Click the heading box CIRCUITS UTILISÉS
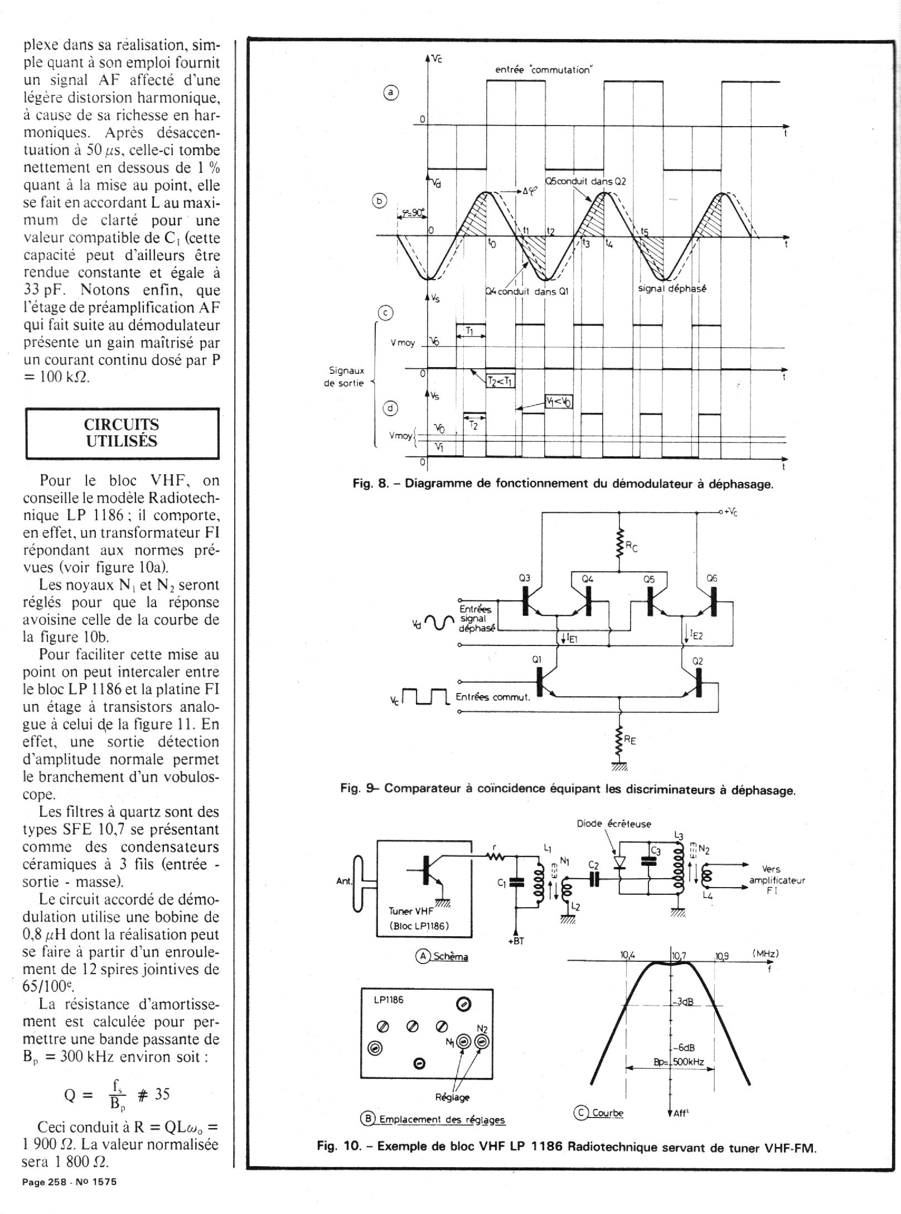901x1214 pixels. pos(122,433)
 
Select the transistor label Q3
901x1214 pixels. pos(525,579)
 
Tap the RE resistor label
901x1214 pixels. pos(630,741)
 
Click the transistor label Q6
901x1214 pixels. pos(711,579)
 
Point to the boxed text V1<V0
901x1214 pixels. pos(559,402)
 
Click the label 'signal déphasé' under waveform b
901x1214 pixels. pos(672,290)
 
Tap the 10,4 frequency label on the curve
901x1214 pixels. pos(628,955)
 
